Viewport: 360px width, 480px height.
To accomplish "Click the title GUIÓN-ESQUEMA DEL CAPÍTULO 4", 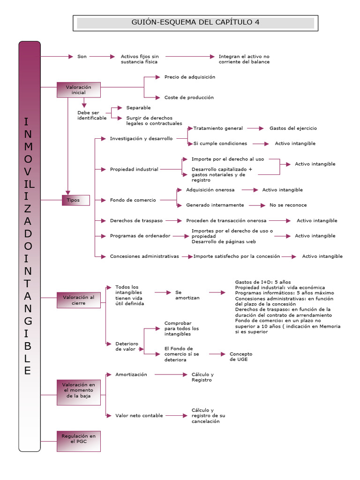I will [195, 22].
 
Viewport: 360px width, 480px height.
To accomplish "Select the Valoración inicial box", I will [78, 90].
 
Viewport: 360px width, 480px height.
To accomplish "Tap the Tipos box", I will [73, 200].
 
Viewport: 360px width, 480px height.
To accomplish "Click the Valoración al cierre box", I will [78, 300].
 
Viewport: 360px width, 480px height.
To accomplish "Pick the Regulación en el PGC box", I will [78, 441].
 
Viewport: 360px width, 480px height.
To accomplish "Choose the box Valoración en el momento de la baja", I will [78, 390].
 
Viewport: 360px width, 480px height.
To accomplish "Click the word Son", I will [82, 56].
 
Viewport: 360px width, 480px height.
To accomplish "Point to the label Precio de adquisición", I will [189, 77].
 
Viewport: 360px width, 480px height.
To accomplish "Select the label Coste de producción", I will [188, 97].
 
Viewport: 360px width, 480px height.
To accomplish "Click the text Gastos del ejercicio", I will [293, 128].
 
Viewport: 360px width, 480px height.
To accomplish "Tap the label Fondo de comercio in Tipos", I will [133, 200].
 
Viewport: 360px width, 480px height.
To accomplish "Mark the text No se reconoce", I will [288, 205].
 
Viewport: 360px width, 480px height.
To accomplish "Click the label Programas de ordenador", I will [140, 236].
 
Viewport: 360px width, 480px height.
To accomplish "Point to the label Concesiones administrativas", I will [144, 256].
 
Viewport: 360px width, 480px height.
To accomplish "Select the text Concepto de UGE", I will [240, 356].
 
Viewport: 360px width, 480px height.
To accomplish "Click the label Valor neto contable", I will [139, 415].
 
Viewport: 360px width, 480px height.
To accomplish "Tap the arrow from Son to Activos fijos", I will [102, 56].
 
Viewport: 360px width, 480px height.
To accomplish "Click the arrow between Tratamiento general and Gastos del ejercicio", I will [255, 128].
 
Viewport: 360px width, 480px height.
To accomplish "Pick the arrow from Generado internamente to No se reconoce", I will [257, 205].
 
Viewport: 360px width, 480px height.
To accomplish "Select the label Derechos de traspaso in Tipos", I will [136, 220].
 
